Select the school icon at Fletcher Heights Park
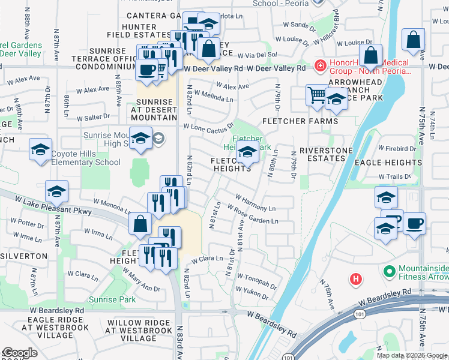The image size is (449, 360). (247, 154)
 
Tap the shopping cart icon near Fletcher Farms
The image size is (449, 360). (316, 95)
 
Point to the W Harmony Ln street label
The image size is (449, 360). (255, 203)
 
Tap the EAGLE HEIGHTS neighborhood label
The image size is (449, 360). (396, 163)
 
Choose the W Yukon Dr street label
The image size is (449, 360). (255, 292)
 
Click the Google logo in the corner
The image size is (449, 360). (19, 353)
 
